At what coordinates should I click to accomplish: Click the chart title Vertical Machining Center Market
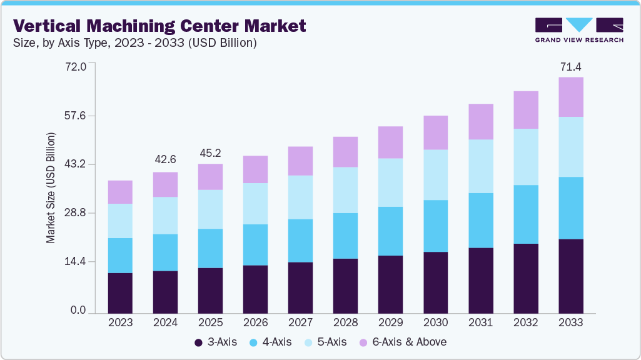click(x=159, y=26)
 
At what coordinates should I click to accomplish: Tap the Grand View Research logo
click(x=579, y=29)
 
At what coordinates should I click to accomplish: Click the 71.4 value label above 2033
click(x=570, y=67)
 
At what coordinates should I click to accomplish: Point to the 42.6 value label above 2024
click(x=165, y=160)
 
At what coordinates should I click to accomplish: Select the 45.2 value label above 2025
click(x=210, y=152)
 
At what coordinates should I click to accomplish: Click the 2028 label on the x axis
click(x=345, y=322)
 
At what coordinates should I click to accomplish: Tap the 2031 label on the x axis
click(x=480, y=322)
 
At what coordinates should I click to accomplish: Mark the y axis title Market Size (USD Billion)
click(x=51, y=187)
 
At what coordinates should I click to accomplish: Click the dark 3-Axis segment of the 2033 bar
click(x=570, y=276)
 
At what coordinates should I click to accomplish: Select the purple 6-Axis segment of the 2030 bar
click(x=435, y=132)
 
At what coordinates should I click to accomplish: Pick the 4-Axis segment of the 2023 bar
click(x=120, y=255)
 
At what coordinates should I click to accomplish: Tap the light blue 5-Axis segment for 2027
click(x=300, y=197)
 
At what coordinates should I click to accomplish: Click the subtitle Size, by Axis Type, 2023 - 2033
click(x=135, y=43)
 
